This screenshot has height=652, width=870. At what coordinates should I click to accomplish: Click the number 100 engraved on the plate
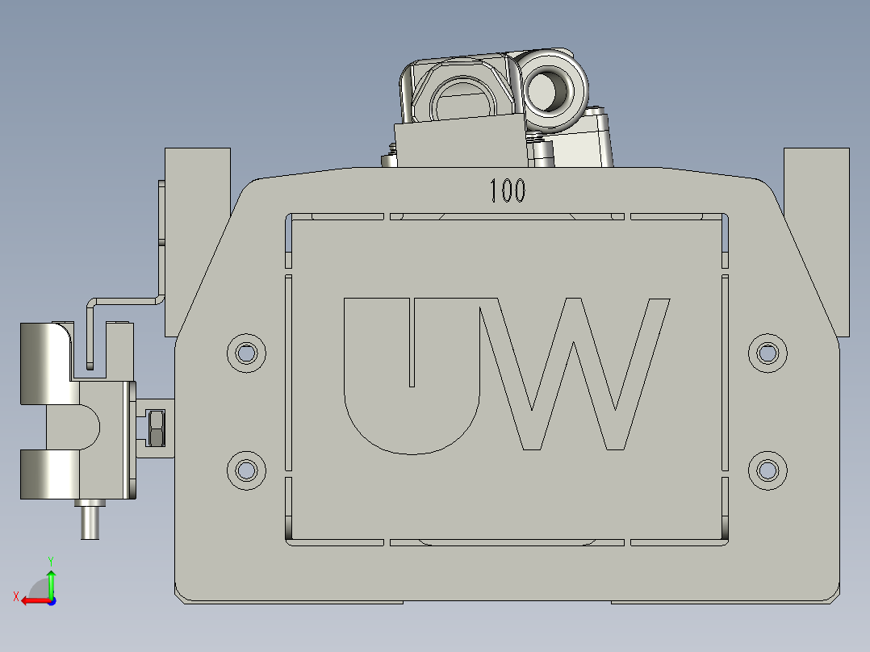508,191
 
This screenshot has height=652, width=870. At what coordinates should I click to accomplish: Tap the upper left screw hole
246,353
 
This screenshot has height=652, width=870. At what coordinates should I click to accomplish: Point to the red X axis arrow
31,600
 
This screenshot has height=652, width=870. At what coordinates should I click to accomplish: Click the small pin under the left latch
89,521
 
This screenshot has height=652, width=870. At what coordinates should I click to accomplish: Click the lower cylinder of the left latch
48,475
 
